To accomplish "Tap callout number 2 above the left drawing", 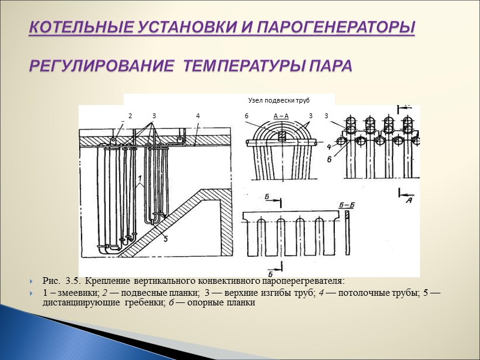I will click(130, 115).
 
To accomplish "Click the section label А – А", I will click(281, 115).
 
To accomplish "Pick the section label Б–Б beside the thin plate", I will click(347, 205).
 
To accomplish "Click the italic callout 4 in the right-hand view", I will click(329, 146).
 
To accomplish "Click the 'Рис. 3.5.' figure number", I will click(62, 281).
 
